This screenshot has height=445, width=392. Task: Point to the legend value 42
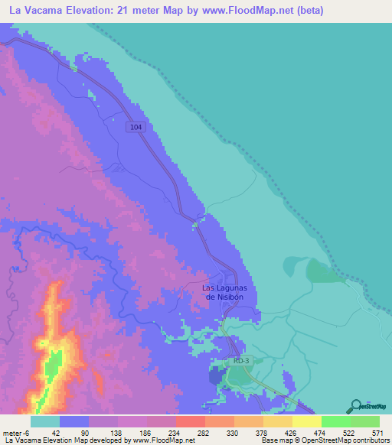point(57,432)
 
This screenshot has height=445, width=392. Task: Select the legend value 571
point(376,432)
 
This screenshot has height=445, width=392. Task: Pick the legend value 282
point(201,432)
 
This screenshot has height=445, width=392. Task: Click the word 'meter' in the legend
point(11,432)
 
